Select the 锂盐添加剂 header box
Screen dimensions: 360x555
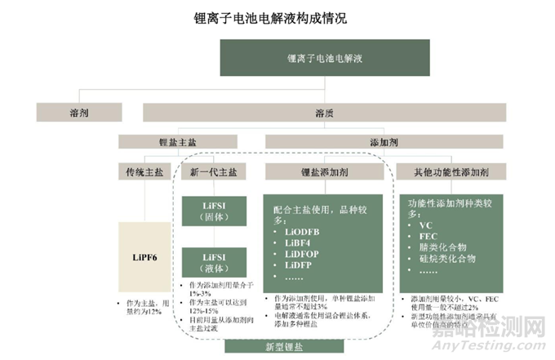click(326, 171)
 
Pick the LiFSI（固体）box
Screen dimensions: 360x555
click(215, 211)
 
